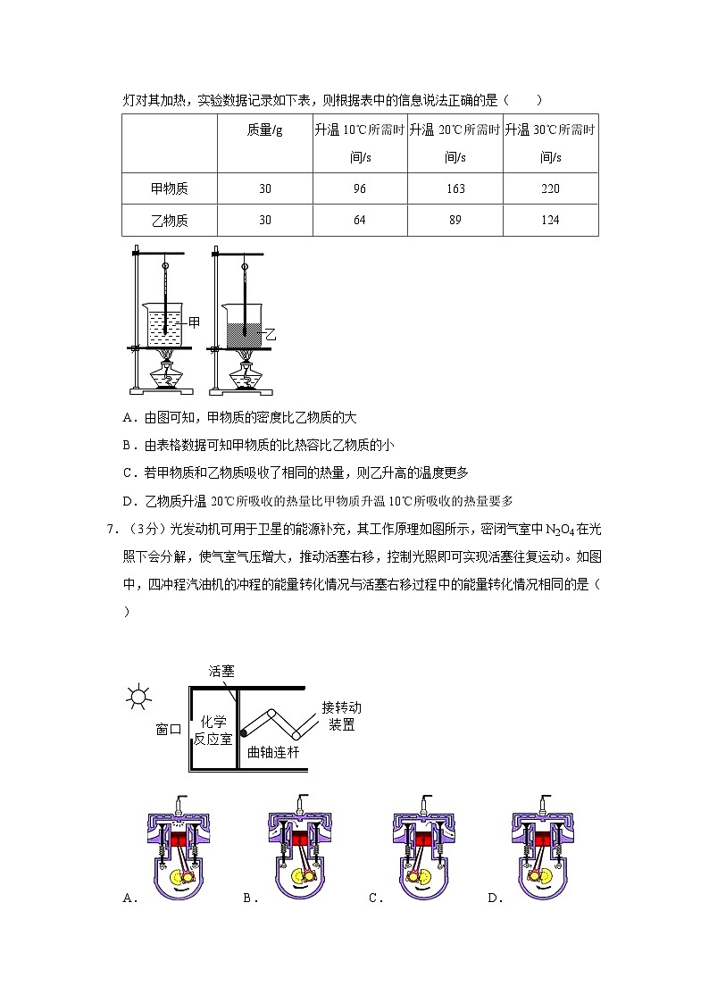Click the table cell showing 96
360,188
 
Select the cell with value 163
455,188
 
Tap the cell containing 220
550,188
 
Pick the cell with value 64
360,220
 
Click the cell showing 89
455,220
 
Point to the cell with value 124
550,220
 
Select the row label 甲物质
170,188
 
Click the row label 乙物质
170,220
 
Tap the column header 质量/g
264,130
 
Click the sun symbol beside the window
138,697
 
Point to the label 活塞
221,670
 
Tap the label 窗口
168,729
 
